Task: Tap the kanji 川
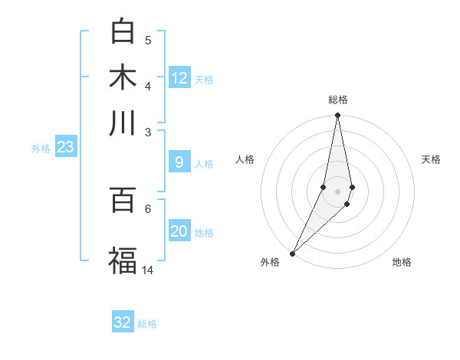click(x=123, y=123)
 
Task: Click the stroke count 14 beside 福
click(x=148, y=270)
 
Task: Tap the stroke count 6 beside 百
click(x=148, y=208)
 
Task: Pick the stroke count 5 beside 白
click(x=148, y=40)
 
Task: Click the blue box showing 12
click(x=179, y=78)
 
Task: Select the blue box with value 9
click(x=179, y=162)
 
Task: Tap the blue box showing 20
click(x=179, y=232)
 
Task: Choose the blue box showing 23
click(x=65, y=148)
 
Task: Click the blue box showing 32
click(x=123, y=322)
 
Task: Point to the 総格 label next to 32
click(x=148, y=324)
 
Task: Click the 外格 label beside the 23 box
click(x=41, y=149)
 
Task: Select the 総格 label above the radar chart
click(x=337, y=100)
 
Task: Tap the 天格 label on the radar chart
click(x=432, y=159)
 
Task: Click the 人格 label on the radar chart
click(x=245, y=159)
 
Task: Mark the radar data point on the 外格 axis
click(x=293, y=254)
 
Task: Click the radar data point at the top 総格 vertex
click(x=337, y=116)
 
